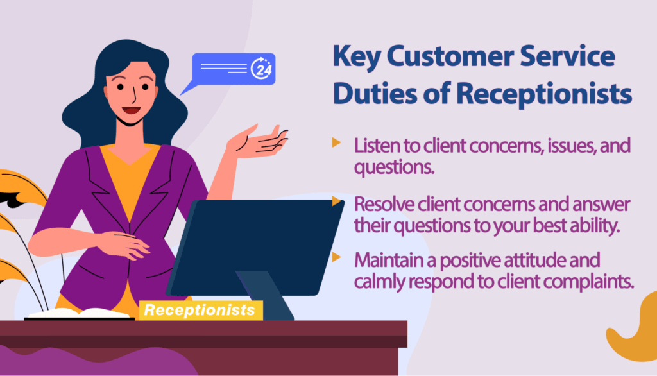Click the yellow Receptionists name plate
click(200, 311)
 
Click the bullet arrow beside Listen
click(336, 142)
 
